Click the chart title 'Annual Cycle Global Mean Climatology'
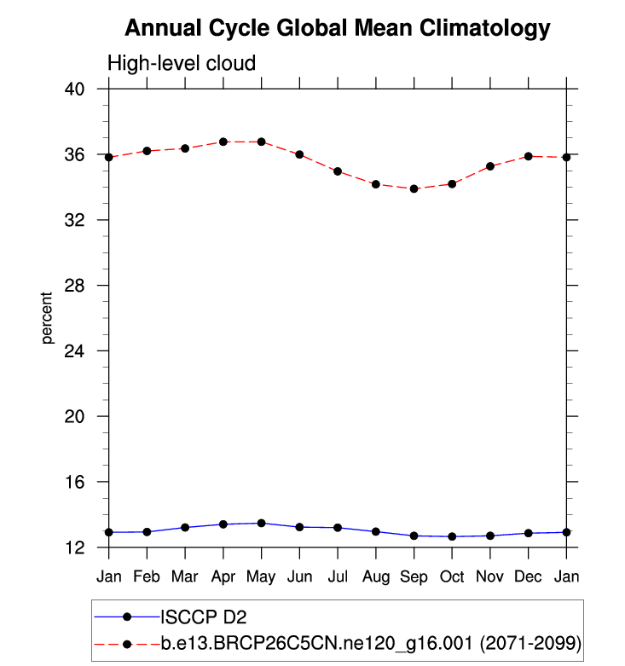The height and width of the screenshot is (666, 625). (337, 29)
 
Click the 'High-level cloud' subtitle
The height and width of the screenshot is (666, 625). (181, 64)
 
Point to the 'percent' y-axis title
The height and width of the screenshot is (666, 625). (47, 318)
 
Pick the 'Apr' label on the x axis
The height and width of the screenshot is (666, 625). (223, 576)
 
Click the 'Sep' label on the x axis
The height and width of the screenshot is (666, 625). (414, 576)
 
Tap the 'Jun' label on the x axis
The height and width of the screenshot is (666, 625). (299, 576)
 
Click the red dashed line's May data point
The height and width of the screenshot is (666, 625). (261, 142)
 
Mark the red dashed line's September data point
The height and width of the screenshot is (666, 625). (414, 188)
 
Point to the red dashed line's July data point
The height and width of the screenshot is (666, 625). (338, 171)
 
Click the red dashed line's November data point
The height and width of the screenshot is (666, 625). (490, 166)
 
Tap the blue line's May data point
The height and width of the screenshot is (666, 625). (261, 523)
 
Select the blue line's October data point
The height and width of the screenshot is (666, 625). (452, 536)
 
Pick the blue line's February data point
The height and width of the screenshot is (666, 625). (147, 532)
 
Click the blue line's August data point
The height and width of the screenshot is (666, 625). (376, 531)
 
